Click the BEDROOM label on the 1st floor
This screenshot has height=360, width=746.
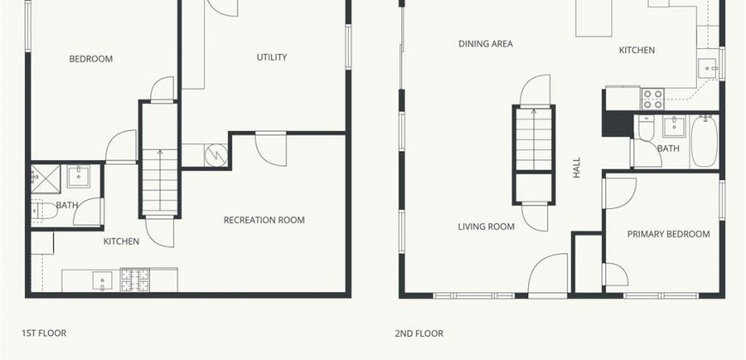coord(91,59)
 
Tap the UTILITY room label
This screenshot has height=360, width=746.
coord(272,57)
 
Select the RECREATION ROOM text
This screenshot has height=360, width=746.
coord(264,220)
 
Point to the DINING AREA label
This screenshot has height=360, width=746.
coord(485,44)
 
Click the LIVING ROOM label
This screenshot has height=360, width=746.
coord(486,227)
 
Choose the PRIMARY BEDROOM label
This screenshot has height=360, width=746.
coord(669,234)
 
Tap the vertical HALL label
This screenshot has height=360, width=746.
coord(577,168)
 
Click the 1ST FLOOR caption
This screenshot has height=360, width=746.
coord(44,333)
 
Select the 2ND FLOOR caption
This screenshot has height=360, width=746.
coord(419,333)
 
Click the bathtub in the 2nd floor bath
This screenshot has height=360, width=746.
coord(704,141)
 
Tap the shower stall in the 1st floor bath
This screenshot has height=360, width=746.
coord(46,179)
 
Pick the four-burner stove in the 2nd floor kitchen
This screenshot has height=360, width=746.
coord(653,99)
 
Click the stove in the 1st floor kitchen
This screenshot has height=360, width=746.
coord(135,280)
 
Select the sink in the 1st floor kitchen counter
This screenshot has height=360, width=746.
coord(102,280)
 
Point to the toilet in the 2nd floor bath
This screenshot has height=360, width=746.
coord(646,129)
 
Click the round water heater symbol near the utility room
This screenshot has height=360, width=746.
coord(216,155)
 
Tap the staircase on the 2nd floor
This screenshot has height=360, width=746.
coord(534,139)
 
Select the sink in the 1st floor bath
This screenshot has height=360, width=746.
coord(79,176)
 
